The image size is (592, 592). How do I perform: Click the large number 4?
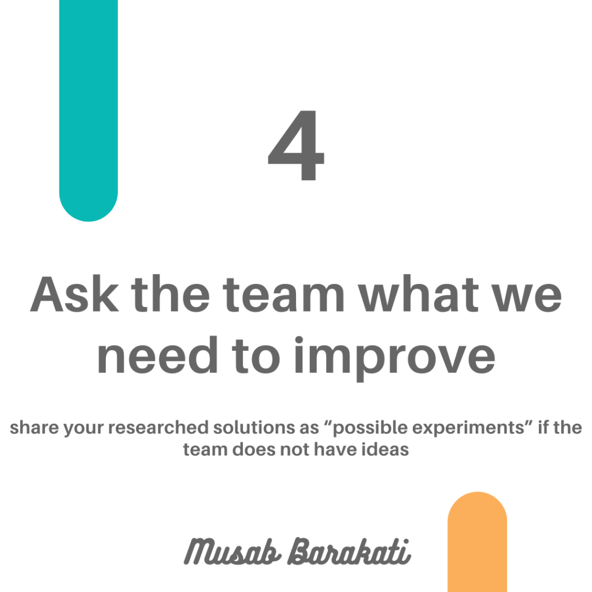pyautogui.click(x=296, y=145)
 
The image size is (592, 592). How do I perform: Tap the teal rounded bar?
pyautogui.click(x=88, y=109)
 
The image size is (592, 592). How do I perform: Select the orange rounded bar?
pyautogui.click(x=477, y=542)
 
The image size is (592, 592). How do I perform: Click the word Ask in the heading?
pyautogui.click(x=75, y=294)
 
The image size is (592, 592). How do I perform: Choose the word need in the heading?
pyautogui.click(x=157, y=354)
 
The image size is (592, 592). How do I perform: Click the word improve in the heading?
pyautogui.click(x=394, y=358)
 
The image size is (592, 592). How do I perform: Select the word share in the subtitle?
pyautogui.click(x=34, y=427)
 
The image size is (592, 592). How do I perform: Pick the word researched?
pyautogui.click(x=158, y=427)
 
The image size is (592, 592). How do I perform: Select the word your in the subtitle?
pyautogui.click(x=83, y=429)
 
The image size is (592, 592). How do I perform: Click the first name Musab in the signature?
pyautogui.click(x=232, y=552)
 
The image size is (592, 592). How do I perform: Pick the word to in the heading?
pyautogui.click(x=256, y=356)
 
